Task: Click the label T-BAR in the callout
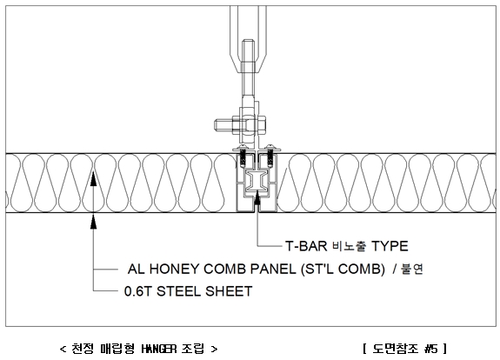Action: (306, 246)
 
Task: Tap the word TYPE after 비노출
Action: (390, 246)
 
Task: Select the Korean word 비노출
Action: (350, 246)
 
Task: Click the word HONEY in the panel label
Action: (173, 269)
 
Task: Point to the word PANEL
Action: (273, 269)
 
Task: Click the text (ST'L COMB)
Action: (343, 269)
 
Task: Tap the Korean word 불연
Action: (412, 269)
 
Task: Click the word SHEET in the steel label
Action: (229, 291)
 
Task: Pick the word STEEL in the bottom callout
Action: (178, 291)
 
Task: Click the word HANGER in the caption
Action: (159, 349)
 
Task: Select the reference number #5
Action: (431, 349)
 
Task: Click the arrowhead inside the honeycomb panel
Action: (93, 178)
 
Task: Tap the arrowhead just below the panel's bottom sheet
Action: (93, 221)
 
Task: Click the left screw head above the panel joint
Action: (242, 148)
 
